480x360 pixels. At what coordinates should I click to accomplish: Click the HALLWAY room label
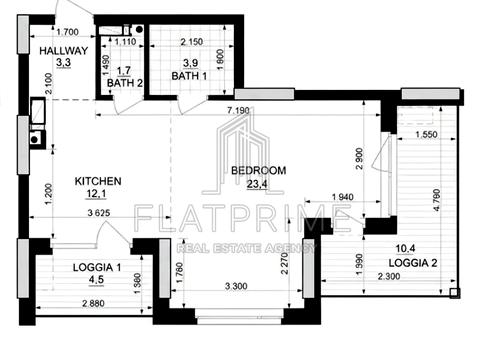[x=63, y=51]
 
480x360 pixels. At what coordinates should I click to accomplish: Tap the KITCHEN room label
[x=98, y=181]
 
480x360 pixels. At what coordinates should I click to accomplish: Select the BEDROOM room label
[x=259, y=170]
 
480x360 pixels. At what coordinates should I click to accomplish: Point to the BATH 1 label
[x=189, y=76]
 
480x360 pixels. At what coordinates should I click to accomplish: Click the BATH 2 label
[x=125, y=83]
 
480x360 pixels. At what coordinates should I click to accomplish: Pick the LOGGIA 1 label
[x=97, y=267]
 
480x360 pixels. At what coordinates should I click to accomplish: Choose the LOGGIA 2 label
[x=413, y=263]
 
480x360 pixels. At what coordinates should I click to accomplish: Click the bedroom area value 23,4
[x=257, y=184]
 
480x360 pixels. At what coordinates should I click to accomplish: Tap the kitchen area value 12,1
[x=96, y=194]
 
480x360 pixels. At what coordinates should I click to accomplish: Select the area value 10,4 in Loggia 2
[x=405, y=248]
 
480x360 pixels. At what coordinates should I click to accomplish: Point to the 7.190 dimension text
[x=238, y=110]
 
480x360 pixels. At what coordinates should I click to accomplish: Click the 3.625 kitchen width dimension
[x=99, y=212]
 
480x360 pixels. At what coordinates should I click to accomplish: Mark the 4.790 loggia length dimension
[x=437, y=200]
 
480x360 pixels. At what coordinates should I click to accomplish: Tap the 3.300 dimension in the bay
[x=236, y=286]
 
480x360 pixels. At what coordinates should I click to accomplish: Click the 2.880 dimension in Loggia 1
[x=93, y=303]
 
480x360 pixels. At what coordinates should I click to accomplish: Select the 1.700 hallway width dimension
[x=68, y=32]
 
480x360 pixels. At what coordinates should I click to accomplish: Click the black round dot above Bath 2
[x=140, y=29]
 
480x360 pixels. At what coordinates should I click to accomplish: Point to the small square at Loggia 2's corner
[x=454, y=293]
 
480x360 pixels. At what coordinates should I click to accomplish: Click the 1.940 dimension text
[x=343, y=197]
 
